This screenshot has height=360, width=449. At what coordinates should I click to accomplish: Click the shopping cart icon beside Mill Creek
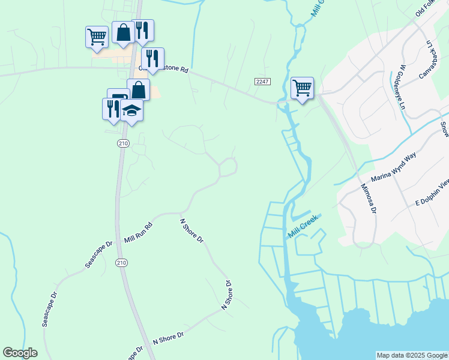click(x=301, y=88)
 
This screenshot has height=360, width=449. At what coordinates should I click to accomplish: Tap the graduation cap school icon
click(x=131, y=110)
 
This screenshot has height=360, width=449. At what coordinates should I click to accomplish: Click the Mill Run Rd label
click(x=139, y=232)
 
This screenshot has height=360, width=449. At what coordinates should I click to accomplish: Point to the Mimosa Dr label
click(x=368, y=199)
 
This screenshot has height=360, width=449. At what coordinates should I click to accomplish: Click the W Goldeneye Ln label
click(x=400, y=69)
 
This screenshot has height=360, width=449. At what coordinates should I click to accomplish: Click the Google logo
click(x=20, y=353)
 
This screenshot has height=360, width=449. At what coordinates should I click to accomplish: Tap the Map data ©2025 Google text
click(x=412, y=355)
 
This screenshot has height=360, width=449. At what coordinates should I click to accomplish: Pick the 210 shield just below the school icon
click(x=123, y=143)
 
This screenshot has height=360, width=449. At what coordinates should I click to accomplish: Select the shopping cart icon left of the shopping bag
click(x=96, y=36)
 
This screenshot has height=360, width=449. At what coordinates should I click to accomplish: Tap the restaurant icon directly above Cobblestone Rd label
click(x=152, y=58)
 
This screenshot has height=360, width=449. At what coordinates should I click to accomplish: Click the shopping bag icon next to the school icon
click(x=138, y=89)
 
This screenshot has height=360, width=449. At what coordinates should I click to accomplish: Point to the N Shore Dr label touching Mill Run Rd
click(x=192, y=230)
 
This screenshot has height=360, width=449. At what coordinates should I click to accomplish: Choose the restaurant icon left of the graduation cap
click(x=111, y=108)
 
